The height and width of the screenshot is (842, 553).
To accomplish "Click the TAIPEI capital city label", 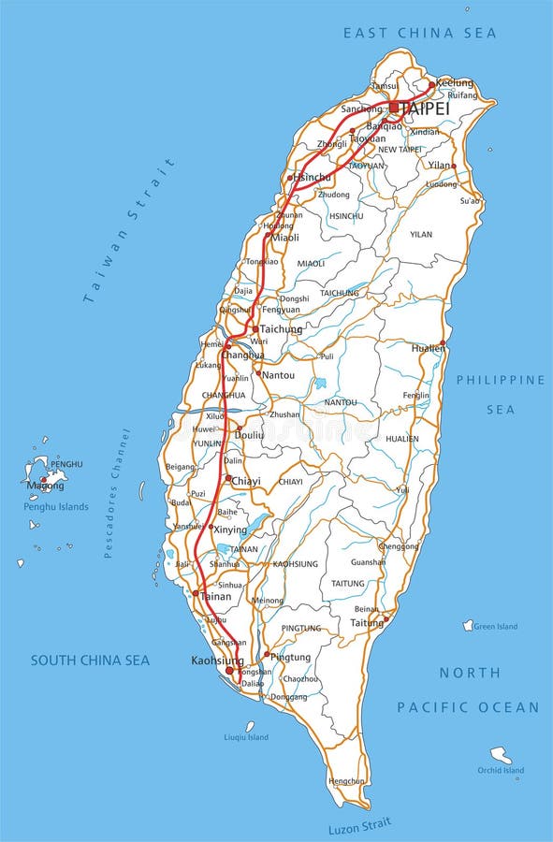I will pos(425,109).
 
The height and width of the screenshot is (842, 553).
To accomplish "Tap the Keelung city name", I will pos(455,82).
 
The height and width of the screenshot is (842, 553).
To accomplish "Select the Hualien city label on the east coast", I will pos(428,348).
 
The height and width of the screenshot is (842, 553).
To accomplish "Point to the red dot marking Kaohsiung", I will pos(229,670).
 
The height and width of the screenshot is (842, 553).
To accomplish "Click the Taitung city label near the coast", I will pos(367,622).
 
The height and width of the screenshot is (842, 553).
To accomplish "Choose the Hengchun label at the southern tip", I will pos(347,780).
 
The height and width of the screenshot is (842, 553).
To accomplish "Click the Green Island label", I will pos(496,627).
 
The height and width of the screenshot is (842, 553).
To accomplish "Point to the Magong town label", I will pos(45,486).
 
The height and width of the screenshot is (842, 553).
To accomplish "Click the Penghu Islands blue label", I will pos(56,507).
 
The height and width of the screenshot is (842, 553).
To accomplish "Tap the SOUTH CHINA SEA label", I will pos(90,661).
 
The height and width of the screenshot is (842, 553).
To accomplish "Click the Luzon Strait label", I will pos(359,826).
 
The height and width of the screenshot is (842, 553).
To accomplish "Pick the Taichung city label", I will pos(281,329).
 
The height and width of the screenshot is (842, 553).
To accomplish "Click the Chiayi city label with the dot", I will pos(246,481).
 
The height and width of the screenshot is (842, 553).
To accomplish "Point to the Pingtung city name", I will pos(290,658).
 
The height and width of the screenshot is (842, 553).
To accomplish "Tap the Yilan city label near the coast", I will pos(439,165).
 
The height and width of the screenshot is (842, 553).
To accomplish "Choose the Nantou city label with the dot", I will pos(278,375).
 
